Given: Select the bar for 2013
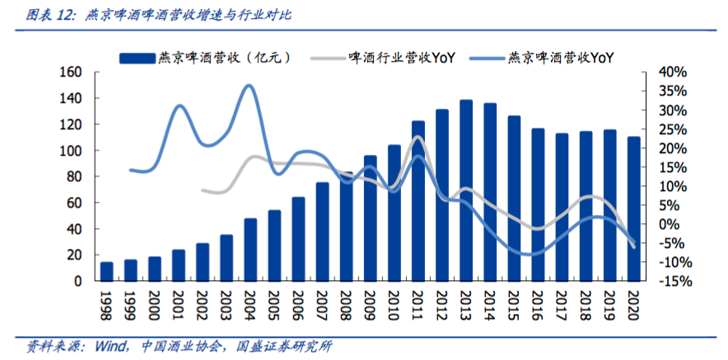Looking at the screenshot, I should (466, 190).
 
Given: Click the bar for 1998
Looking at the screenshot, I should (107, 271).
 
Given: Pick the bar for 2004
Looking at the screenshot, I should (250, 250).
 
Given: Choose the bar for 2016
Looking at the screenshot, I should (539, 204).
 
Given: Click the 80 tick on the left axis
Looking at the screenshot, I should (75, 176).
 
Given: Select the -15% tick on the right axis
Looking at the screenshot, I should (671, 281).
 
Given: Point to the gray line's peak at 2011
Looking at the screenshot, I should (418, 138).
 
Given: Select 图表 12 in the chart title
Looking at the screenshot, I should (50, 15).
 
